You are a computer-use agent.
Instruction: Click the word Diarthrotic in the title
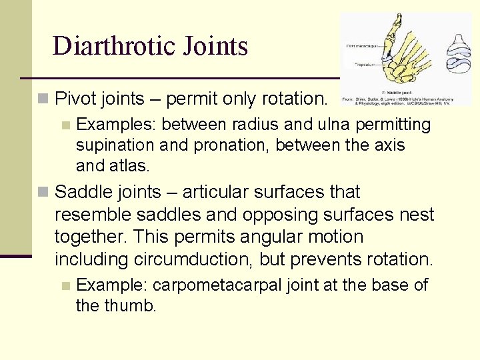click(107, 46)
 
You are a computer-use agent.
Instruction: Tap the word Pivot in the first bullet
click(73, 99)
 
